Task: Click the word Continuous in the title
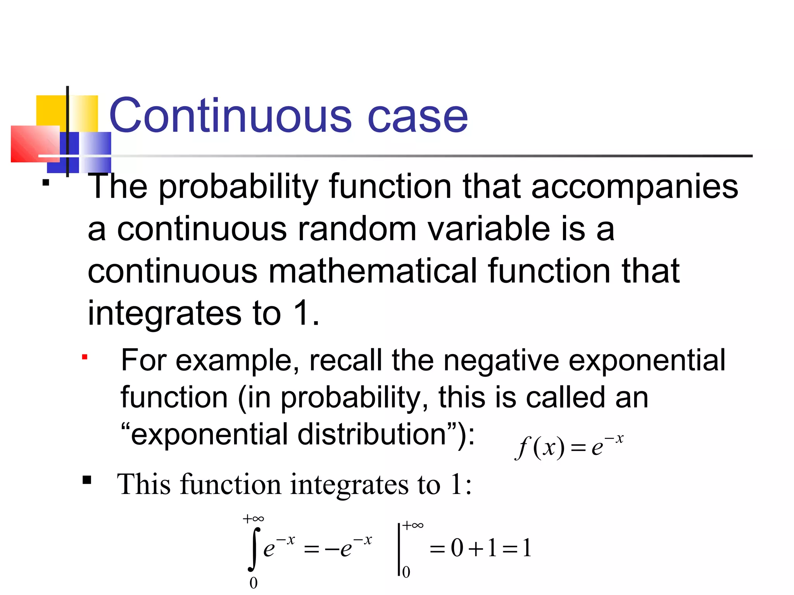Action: click(x=230, y=115)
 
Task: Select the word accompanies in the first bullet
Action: click(x=635, y=187)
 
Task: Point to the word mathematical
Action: click(x=372, y=271)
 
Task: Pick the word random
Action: click(x=357, y=229)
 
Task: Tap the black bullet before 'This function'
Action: click(x=87, y=480)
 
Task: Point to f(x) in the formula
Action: click(x=539, y=448)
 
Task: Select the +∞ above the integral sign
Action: click(x=254, y=519)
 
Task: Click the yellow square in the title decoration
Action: click(x=50, y=110)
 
